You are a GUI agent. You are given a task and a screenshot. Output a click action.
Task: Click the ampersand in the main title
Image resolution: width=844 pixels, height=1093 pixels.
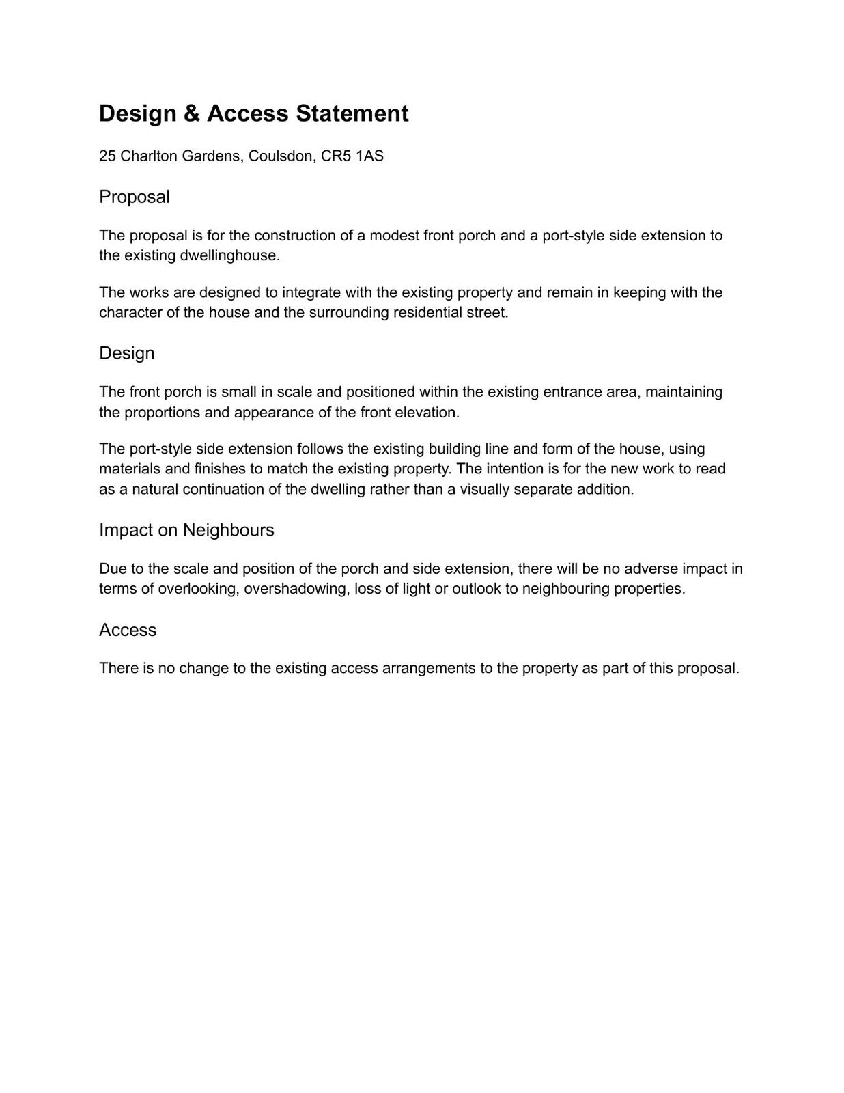pyautogui.click(x=192, y=113)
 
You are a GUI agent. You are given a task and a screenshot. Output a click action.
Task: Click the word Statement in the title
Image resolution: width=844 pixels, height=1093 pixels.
pyautogui.click(x=352, y=113)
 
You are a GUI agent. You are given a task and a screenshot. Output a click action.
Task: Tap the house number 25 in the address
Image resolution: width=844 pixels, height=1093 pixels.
pyautogui.click(x=107, y=156)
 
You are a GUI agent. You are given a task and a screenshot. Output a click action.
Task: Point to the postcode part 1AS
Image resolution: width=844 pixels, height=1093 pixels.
pyautogui.click(x=369, y=156)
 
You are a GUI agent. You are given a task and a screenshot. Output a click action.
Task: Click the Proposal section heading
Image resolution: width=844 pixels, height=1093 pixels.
pyautogui.click(x=134, y=197)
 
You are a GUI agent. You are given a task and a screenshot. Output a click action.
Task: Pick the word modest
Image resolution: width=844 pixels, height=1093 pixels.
pyautogui.click(x=393, y=236)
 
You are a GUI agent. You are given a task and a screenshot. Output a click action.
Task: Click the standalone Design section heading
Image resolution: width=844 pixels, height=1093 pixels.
pyautogui.click(x=126, y=353)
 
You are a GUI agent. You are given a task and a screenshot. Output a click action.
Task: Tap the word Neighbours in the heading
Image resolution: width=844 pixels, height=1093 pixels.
pyautogui.click(x=228, y=530)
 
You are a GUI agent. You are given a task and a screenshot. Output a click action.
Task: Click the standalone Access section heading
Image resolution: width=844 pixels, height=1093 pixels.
pyautogui.click(x=128, y=630)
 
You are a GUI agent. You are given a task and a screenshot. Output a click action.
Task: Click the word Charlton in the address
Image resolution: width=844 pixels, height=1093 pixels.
pyautogui.click(x=148, y=156)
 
